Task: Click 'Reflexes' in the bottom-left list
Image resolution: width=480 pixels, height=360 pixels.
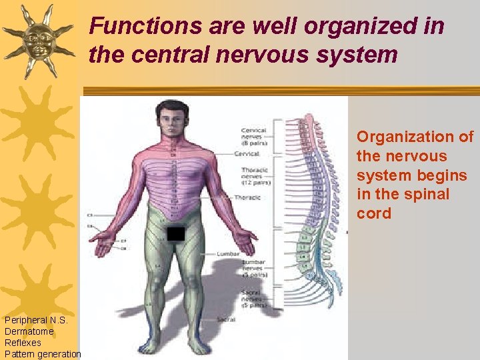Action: coord(23,343)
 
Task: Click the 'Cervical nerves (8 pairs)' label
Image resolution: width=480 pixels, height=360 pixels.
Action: coord(253,137)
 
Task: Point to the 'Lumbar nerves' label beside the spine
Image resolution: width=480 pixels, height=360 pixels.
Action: coord(253,268)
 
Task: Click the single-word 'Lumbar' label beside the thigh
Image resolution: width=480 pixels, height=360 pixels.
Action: coord(227,254)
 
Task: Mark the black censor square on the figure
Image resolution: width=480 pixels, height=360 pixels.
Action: coord(175,233)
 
